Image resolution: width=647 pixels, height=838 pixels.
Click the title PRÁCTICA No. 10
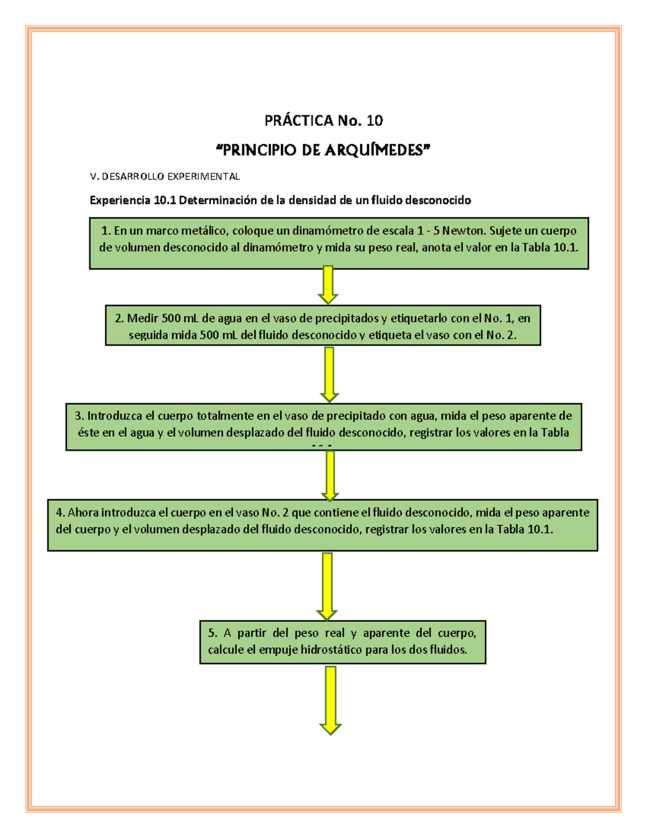tap(323, 120)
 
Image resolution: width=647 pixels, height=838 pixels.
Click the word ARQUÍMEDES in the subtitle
tap(377, 150)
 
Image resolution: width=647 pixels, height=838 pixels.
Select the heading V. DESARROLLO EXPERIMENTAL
tap(164, 176)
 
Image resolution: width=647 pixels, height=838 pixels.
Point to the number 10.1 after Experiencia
tap(165, 201)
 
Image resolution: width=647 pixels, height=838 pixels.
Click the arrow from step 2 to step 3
tap(329, 374)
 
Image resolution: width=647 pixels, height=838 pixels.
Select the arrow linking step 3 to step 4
tap(330, 475)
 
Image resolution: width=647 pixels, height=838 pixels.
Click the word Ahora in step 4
tap(83, 513)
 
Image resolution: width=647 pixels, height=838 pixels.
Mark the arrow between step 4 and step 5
tap(327, 585)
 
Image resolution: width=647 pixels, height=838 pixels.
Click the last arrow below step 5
tap(331, 700)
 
